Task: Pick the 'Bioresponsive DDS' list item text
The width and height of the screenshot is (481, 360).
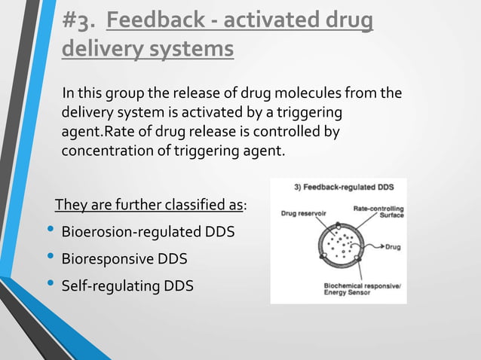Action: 124,258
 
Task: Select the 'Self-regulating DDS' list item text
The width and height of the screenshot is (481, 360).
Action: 127,285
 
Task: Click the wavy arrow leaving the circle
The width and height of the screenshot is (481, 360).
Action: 374,246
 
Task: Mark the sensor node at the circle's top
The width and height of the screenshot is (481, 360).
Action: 339,226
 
